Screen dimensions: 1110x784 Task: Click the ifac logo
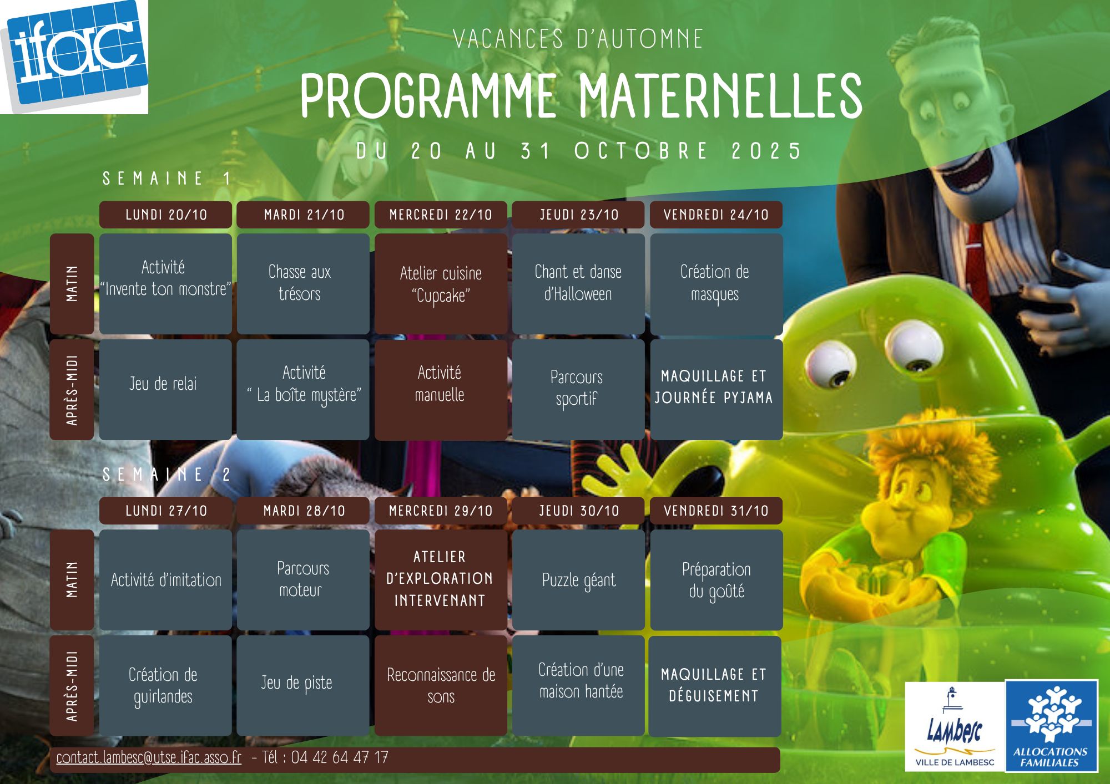click(74, 57)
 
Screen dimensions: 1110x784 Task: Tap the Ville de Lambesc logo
click(955, 726)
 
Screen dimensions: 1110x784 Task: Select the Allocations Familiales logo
click(1051, 726)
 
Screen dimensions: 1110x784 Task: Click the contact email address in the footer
click(149, 757)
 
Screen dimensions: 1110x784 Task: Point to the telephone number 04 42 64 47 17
click(340, 757)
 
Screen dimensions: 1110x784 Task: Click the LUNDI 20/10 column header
click(165, 215)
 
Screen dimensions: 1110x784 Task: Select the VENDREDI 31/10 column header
click(716, 511)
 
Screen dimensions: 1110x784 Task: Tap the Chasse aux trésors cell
click(303, 283)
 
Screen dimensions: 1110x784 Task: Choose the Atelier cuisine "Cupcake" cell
click(441, 283)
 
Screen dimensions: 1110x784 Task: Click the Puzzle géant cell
click(578, 579)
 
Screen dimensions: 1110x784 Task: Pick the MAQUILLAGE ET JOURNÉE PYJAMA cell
click(716, 389)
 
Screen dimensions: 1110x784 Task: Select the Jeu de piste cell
click(303, 685)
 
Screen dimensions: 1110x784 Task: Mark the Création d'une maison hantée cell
click(578, 685)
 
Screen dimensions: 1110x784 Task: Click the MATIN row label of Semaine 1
click(72, 283)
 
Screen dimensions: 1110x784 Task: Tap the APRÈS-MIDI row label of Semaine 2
click(72, 685)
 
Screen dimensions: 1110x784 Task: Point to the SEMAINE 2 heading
click(167, 475)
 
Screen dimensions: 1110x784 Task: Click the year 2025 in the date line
click(766, 151)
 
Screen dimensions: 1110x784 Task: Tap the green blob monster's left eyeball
click(830, 365)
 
